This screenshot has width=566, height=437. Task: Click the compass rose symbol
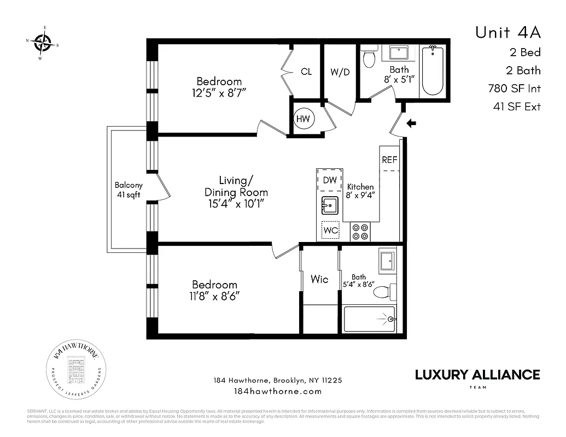tap(42, 42)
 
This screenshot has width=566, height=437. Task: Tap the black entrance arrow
tap(411, 123)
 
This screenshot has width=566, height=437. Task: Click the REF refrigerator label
tap(389, 160)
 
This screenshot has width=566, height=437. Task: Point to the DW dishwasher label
tap(329, 180)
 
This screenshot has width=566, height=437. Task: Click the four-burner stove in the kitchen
tap(360, 232)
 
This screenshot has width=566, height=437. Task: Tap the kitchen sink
tap(330, 205)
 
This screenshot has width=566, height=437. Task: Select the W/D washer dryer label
tap(340, 72)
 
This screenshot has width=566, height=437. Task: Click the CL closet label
tap(306, 72)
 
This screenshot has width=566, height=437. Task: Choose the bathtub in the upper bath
tap(433, 71)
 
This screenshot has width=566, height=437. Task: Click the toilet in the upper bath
tap(370, 58)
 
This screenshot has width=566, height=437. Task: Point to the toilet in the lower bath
tap(384, 292)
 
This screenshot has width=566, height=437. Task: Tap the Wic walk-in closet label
tap(319, 280)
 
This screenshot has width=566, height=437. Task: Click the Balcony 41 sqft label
tap(129, 190)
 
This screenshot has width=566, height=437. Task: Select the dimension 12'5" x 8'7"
tap(219, 93)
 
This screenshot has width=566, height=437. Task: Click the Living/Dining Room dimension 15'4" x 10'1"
tap(236, 204)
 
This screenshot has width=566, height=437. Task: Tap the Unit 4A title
tap(507, 33)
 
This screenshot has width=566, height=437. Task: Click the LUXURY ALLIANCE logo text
tap(477, 375)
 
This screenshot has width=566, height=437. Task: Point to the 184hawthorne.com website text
tap(277, 391)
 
